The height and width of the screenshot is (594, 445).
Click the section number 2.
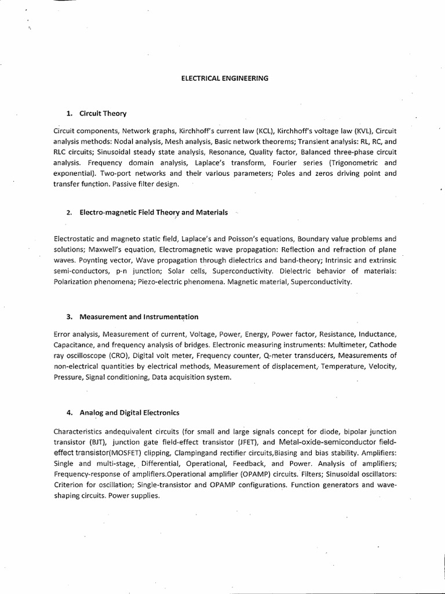(x=68, y=213)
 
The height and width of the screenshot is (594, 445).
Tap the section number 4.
(x=68, y=412)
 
